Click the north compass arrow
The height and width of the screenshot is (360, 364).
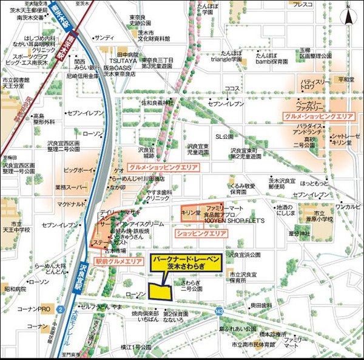tap(350, 15)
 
